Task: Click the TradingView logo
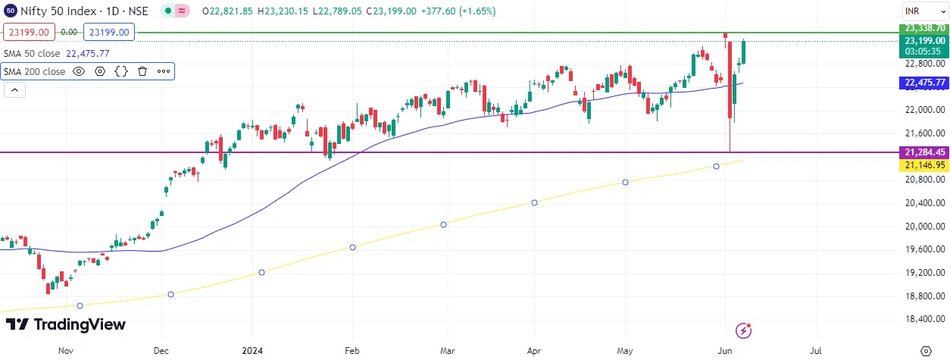click(x=66, y=324)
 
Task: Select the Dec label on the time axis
click(x=161, y=352)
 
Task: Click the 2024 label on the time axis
click(x=252, y=352)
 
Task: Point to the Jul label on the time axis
click(x=817, y=352)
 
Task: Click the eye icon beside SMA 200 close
click(x=79, y=71)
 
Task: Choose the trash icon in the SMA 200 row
click(x=142, y=71)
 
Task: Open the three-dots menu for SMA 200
click(x=164, y=71)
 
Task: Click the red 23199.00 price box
click(x=29, y=33)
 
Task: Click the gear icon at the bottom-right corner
click(x=925, y=352)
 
